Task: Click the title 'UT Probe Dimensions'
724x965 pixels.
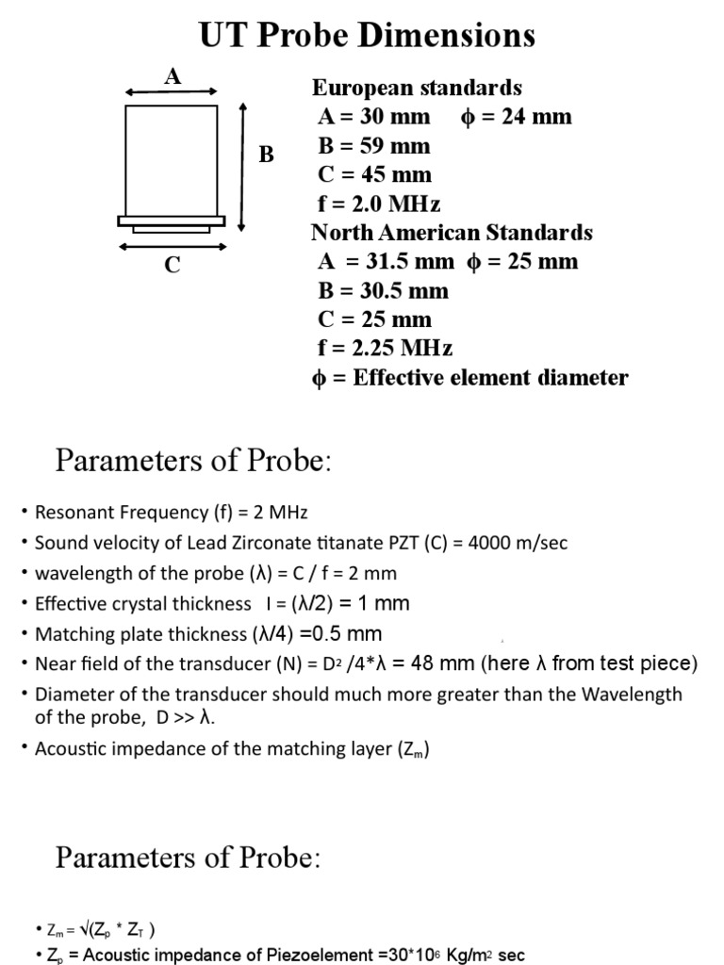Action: tap(367, 36)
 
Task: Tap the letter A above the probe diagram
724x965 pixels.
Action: tap(173, 76)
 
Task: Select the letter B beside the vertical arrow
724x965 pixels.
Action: tap(267, 154)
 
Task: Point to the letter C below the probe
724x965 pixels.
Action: tap(172, 266)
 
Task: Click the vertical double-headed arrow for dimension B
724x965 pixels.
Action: tap(244, 167)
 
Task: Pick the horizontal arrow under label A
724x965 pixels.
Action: tap(172, 92)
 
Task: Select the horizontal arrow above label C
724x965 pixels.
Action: tap(172, 247)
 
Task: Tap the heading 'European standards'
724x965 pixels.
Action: tap(417, 88)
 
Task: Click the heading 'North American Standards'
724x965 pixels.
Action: tap(452, 232)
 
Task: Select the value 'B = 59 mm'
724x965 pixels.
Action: tap(374, 146)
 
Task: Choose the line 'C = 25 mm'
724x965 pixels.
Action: tap(375, 319)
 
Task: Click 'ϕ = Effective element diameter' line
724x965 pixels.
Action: tap(469, 378)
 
